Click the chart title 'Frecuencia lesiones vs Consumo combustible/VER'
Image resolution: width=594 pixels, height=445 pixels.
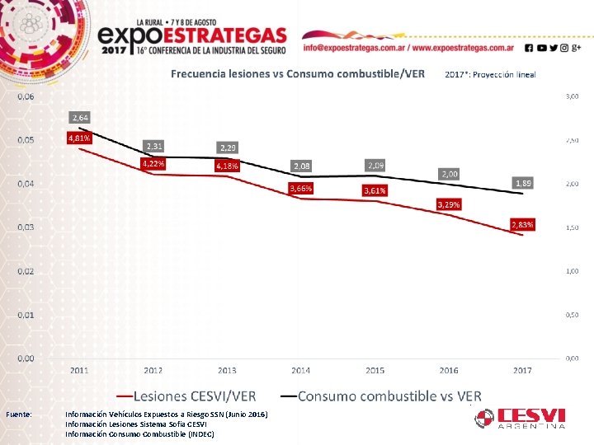pos(298,73)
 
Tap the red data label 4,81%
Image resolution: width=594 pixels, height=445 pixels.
pos(79,138)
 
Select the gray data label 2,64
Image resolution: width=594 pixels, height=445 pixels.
pos(80,118)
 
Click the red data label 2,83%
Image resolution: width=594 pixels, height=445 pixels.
pos(522,224)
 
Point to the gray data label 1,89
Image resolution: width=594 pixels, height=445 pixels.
pos(522,183)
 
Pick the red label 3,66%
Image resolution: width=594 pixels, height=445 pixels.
pos(301,189)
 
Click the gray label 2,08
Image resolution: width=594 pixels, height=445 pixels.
pos(301,167)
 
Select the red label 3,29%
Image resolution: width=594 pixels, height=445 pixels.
pos(449,204)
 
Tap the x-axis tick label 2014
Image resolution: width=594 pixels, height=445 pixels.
pos(301,371)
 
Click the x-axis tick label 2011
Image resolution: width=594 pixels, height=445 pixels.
pos(79,371)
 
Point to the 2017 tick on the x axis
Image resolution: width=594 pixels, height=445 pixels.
pos(522,371)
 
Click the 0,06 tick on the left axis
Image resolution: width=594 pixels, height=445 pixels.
pos(26,96)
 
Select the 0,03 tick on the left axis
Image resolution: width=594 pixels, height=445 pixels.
pos(26,227)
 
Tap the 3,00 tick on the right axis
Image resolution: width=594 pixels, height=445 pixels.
pos(572,96)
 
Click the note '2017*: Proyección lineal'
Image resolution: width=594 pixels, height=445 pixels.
pos(490,74)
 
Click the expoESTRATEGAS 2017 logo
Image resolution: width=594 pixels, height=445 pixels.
pos(191,37)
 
